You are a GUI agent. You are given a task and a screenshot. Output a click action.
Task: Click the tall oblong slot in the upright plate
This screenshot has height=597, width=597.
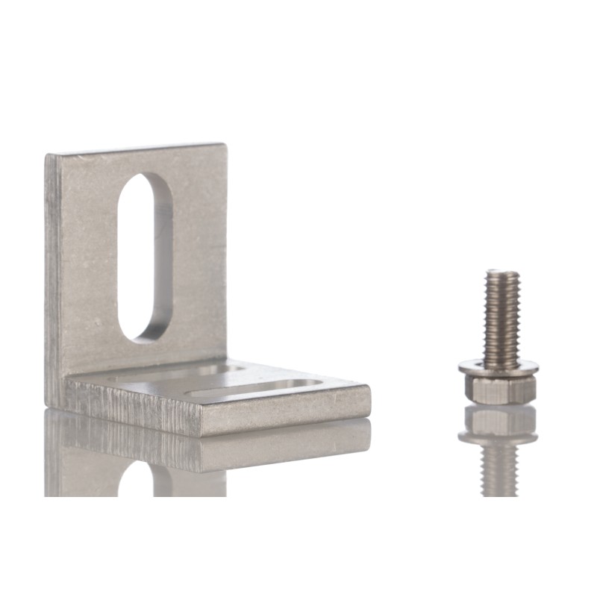tap(145, 257)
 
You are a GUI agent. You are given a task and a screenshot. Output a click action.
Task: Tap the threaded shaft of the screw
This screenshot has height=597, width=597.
tap(501, 317)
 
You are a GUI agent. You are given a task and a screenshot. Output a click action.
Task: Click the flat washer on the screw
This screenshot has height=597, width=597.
tap(498, 367)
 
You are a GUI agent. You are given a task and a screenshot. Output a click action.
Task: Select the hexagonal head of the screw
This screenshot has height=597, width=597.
tap(499, 388)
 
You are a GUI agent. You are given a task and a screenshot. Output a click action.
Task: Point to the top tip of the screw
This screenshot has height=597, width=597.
tap(501, 273)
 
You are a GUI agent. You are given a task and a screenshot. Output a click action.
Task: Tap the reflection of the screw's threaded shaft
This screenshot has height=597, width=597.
tap(499, 466)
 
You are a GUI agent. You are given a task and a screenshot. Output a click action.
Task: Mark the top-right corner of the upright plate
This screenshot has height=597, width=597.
tap(223, 146)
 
